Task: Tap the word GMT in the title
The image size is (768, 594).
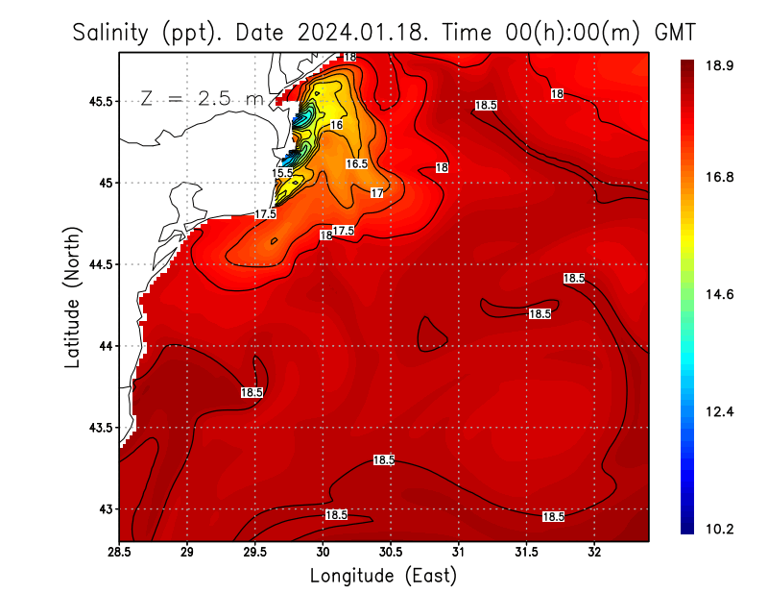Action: click(675, 33)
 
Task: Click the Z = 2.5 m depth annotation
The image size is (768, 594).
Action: click(201, 98)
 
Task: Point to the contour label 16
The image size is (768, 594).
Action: click(336, 125)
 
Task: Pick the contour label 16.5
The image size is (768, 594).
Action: click(357, 164)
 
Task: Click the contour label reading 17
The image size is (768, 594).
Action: click(377, 193)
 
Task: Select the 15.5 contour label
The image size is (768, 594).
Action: click(282, 173)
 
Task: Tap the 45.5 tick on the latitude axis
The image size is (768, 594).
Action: click(97, 101)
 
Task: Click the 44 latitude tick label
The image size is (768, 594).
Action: click(104, 346)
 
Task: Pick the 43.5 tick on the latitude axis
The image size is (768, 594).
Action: click(97, 428)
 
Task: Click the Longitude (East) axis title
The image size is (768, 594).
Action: click(383, 576)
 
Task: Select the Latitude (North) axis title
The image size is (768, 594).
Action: click(72, 298)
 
